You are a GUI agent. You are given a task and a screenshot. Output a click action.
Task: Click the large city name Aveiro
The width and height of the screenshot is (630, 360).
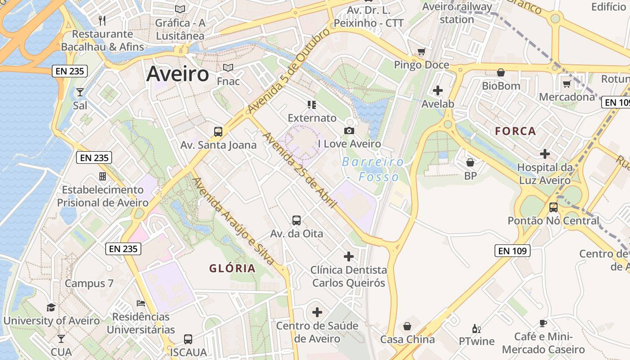(178, 74)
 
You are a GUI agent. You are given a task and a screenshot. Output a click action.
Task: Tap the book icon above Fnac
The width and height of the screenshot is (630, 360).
(228, 68)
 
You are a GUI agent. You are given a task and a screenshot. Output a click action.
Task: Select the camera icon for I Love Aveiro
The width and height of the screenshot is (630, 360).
(349, 130)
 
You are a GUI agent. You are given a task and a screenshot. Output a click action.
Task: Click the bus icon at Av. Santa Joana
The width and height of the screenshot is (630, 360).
(218, 131)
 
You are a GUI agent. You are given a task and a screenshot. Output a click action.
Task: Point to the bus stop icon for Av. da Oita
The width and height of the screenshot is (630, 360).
(297, 220)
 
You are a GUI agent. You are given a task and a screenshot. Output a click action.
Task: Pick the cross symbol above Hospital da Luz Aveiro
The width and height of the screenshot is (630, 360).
(545, 154)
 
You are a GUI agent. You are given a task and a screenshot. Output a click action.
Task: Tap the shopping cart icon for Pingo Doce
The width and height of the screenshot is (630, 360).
(421, 52)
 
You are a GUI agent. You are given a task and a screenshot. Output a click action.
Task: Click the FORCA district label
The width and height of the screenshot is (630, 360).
(516, 131)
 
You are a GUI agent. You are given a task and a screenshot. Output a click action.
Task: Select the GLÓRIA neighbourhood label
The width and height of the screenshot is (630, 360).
(232, 269)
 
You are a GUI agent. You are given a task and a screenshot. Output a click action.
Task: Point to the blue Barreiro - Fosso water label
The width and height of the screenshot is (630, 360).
(373, 169)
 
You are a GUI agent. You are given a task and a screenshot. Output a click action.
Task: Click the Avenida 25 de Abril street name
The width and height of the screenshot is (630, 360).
(300, 170)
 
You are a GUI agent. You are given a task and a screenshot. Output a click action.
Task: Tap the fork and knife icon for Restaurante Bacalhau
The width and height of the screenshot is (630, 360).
(102, 20)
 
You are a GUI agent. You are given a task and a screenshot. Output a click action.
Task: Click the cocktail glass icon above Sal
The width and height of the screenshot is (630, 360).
(80, 92)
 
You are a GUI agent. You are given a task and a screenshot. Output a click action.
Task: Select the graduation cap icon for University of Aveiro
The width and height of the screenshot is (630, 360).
(51, 307)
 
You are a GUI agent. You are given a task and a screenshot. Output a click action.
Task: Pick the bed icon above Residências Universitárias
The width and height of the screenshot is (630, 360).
(141, 303)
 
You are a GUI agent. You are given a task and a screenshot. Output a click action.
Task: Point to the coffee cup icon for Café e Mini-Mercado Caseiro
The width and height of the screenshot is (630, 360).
(543, 323)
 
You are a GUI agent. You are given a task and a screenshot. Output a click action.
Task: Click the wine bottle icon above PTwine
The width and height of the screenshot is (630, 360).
(476, 328)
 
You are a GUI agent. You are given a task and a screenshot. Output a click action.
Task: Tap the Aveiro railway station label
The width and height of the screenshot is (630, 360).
(457, 13)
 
